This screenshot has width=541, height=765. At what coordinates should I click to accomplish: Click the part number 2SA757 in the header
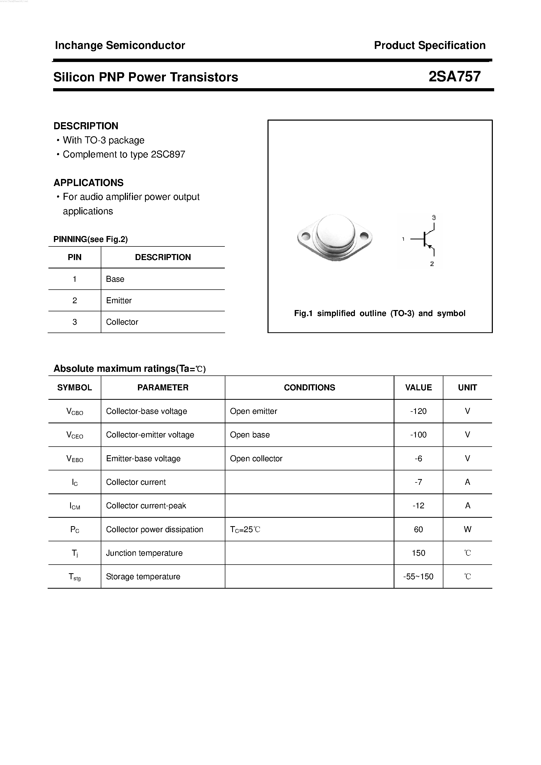click(454, 77)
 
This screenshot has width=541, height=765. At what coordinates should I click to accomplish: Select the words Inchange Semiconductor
click(120, 45)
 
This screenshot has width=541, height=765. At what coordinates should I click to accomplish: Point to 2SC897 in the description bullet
click(168, 154)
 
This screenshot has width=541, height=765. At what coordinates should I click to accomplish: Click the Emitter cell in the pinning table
click(119, 301)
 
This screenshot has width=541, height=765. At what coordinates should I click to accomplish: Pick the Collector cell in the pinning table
click(122, 322)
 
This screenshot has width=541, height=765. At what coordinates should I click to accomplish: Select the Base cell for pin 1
click(115, 279)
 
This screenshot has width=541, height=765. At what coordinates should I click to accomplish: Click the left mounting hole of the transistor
click(305, 237)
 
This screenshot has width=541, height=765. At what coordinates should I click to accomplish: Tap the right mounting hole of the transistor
click(364, 237)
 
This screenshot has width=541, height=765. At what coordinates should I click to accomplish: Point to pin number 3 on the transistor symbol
click(434, 218)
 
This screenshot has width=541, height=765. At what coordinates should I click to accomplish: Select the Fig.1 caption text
click(380, 313)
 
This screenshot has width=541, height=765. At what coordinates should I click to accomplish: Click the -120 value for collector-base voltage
click(418, 411)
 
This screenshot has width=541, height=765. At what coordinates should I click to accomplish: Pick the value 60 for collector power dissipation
click(418, 530)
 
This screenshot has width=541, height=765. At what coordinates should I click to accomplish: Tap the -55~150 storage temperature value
click(418, 576)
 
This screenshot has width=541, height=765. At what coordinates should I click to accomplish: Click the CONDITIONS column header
click(309, 387)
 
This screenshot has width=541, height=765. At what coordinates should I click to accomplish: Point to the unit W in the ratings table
click(467, 530)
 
